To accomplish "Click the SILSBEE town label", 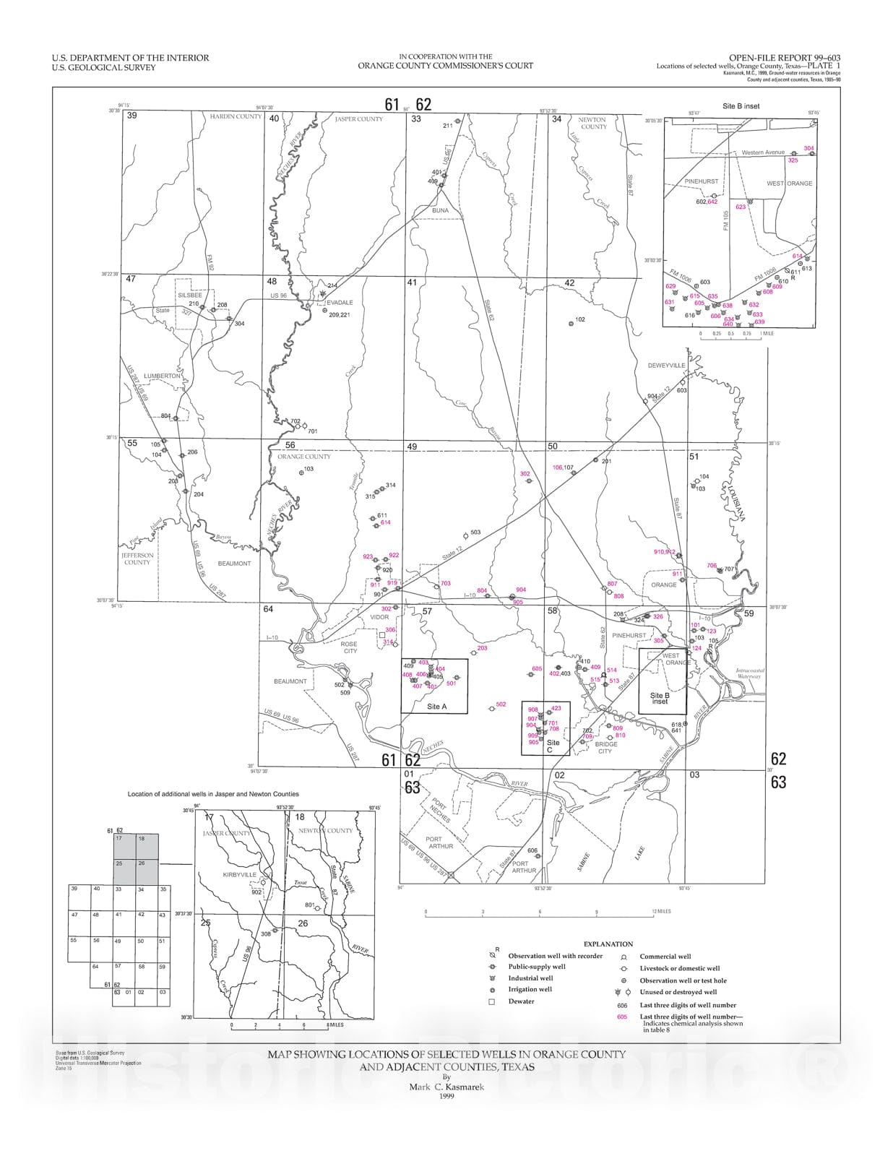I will [190, 296].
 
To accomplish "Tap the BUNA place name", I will [440, 211].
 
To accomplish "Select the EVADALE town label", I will [340, 303].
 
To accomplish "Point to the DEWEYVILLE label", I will [666, 366].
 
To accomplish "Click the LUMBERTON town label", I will [162, 376].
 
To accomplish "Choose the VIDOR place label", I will [379, 618].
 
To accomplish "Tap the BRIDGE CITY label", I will [605, 748].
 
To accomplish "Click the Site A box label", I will [437, 707].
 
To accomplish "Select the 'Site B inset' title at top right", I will [741, 106].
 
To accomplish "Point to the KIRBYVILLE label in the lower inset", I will [239, 875].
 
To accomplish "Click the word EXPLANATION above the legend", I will [608, 944].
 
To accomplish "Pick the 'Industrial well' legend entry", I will [531, 978].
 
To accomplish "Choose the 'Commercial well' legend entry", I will [665, 957].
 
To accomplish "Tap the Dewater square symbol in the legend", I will [491, 1001].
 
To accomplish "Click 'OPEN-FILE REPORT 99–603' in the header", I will [784, 58].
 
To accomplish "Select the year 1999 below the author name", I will [446, 1096].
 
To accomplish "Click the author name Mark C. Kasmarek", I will [446, 1087].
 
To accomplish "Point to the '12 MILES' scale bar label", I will [660, 911].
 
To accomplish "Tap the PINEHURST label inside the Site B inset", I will [701, 181].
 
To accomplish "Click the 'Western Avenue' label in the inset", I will [762, 152].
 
